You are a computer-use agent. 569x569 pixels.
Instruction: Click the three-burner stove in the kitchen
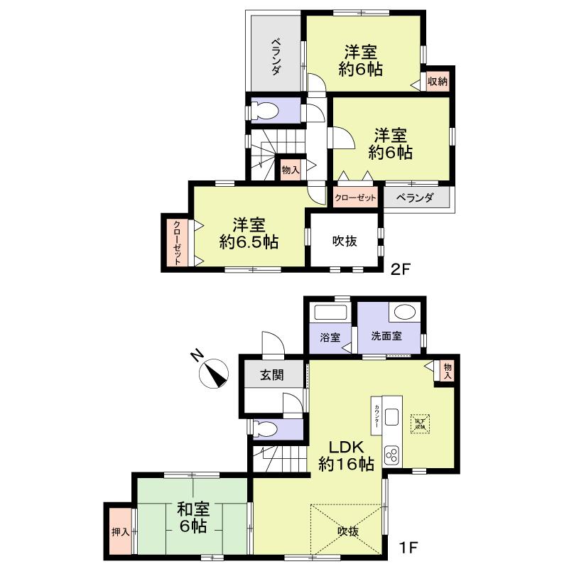[392, 453]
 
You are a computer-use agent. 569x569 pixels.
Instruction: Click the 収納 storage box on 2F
[438, 80]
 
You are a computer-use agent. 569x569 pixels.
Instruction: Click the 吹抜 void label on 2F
[345, 240]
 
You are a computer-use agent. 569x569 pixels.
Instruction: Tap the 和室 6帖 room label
[192, 517]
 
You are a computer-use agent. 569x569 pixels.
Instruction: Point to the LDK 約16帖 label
[346, 456]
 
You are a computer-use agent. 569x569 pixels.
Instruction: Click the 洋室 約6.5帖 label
[249, 233]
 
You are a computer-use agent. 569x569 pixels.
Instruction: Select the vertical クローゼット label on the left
[175, 243]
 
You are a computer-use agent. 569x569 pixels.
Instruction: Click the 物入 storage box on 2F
[290, 170]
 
